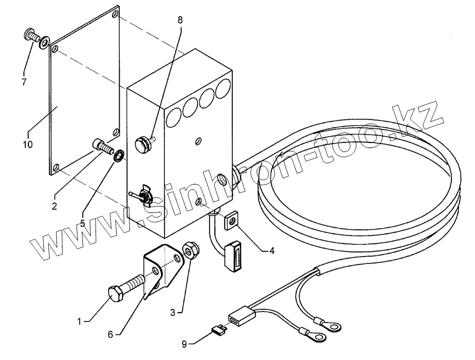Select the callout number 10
pyautogui.click(x=27, y=144)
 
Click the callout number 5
pyautogui.click(x=83, y=223)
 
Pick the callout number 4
pyautogui.click(x=272, y=251)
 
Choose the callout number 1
pyautogui.click(x=80, y=320)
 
